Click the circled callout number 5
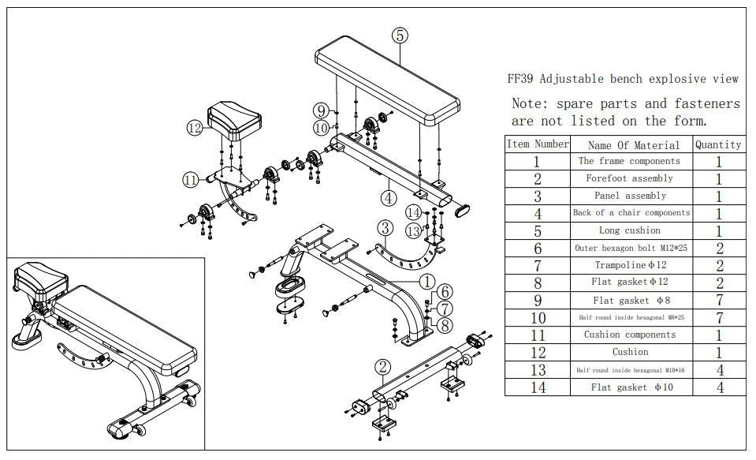click(400, 35)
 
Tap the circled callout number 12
click(195, 128)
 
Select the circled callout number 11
click(190, 180)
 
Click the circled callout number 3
click(385, 229)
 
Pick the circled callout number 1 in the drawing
click(426, 281)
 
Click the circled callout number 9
click(321, 110)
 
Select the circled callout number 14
click(413, 211)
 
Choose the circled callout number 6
click(445, 292)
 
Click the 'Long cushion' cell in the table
click(629, 230)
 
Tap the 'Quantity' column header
click(717, 144)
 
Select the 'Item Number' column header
click(537, 144)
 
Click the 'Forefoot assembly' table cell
click(629, 178)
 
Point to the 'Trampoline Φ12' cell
click(629, 265)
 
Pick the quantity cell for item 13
click(718, 369)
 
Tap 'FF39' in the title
click(521, 79)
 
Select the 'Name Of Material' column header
click(633, 144)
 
